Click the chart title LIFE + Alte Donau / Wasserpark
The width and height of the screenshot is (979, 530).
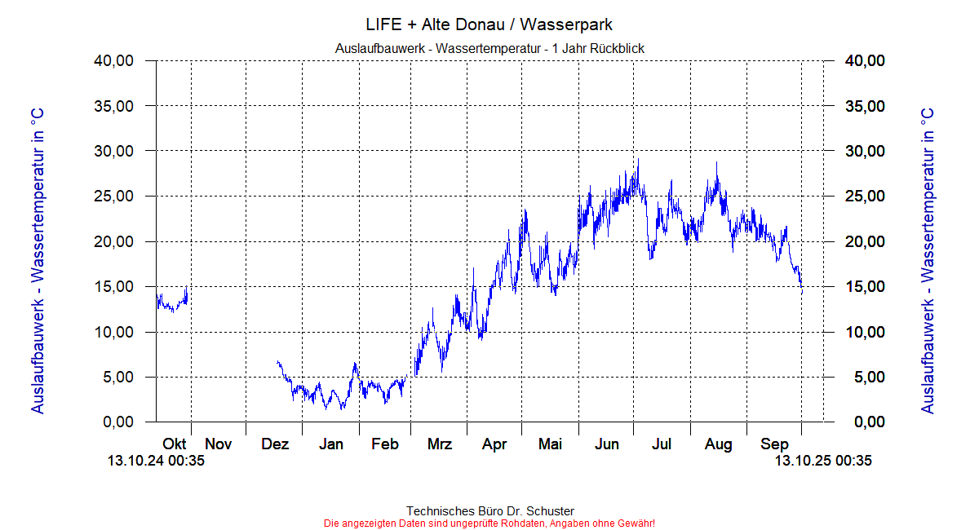(489, 24)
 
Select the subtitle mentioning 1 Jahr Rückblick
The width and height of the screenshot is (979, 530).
(489, 49)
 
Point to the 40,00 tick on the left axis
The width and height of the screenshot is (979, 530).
(113, 61)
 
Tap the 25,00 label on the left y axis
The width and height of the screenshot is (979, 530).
(113, 197)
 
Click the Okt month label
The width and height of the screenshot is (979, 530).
(175, 444)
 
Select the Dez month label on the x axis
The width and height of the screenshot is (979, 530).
(275, 444)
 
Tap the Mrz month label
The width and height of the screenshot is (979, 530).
(440, 444)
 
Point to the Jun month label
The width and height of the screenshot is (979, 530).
(606, 444)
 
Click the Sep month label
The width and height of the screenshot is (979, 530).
(774, 444)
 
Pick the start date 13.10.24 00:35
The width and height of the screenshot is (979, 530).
(156, 461)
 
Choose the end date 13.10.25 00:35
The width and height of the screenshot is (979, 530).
(823, 461)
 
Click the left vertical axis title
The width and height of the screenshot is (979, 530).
(38, 260)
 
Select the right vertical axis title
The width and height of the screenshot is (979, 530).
(928, 260)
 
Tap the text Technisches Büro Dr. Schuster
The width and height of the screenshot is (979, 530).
(489, 511)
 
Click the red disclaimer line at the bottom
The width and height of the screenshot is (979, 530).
(489, 523)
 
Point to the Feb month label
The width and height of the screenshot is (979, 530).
(384, 444)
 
